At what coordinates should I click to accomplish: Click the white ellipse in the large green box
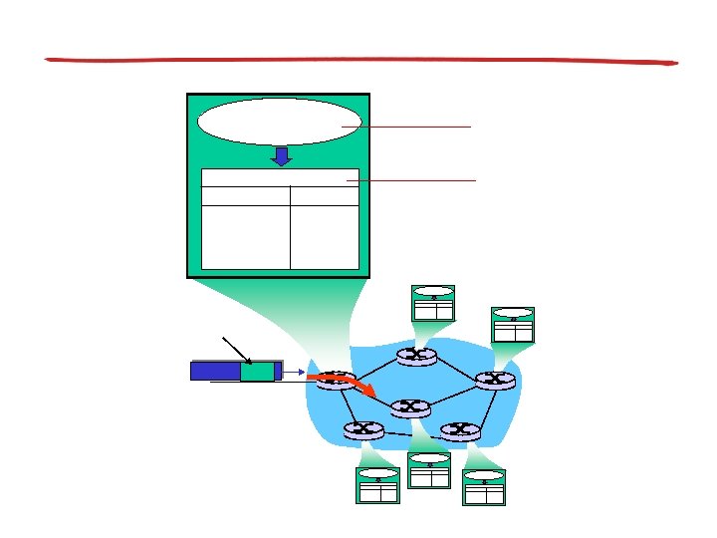coord(279,122)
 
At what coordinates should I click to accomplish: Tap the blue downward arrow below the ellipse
coord(282,156)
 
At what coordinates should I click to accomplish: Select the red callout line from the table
coord(412,180)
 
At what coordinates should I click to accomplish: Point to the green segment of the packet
coord(257,371)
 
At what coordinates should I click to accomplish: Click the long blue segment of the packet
coord(215,371)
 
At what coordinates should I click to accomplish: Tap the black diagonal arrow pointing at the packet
coord(237,350)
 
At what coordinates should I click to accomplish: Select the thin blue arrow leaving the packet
coord(293,371)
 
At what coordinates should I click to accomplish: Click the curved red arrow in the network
coord(344,384)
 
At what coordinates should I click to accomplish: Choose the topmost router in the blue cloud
coord(416,355)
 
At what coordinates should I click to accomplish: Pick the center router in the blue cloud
coord(409,406)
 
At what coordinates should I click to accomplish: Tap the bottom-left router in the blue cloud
coord(362,429)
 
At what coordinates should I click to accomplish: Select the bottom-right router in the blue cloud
coord(460,430)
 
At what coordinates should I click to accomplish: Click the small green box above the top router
coord(433,304)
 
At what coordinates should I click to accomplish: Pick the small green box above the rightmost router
coord(513,325)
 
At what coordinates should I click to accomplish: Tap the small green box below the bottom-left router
coord(377,485)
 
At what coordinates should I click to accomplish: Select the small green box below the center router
coord(429,470)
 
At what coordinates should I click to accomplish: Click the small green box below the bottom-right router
coord(484,487)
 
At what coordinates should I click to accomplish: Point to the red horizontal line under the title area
coord(360,61)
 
